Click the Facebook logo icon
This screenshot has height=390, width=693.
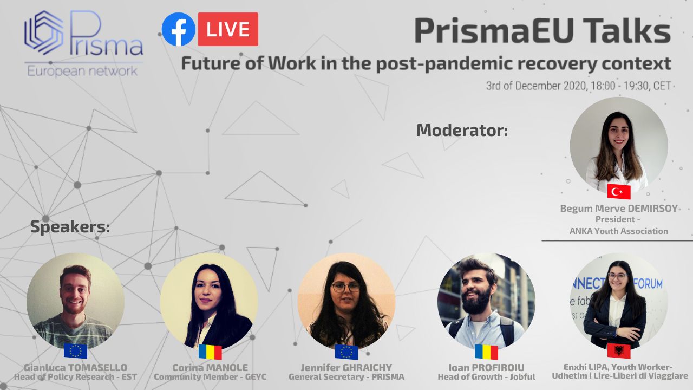point(179,29)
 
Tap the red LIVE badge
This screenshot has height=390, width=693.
point(228,29)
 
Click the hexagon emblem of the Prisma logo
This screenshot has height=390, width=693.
point(44,33)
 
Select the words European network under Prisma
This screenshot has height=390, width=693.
point(82,71)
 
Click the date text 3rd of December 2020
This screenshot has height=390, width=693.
point(536,86)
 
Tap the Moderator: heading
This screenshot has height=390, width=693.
point(462,130)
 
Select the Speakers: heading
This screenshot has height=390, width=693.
point(70,227)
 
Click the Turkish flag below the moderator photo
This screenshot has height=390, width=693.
point(619,191)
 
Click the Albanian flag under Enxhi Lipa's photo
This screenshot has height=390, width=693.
point(619,350)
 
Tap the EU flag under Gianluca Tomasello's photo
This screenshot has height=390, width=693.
point(75,350)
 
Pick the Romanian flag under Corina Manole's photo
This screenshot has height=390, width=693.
point(210,352)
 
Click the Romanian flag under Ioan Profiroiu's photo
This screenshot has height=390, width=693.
point(486,352)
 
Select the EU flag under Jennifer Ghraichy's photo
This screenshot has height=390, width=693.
point(346,352)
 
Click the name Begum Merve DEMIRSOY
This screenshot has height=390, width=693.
point(619,209)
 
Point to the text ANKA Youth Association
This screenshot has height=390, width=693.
point(619,231)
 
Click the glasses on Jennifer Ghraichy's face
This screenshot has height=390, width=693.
point(345,287)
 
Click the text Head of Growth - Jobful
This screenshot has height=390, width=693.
point(486,376)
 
